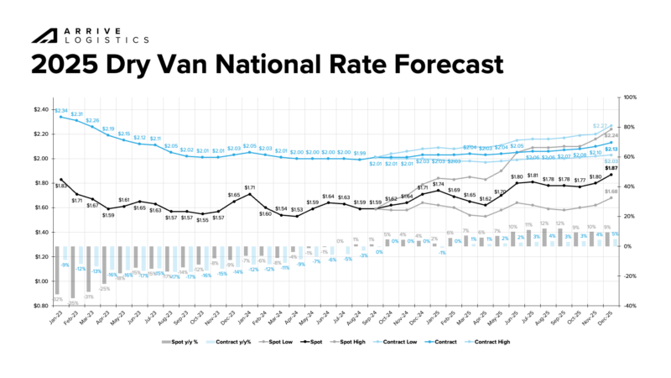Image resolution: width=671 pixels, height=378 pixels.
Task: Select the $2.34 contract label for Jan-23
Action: click(60, 110)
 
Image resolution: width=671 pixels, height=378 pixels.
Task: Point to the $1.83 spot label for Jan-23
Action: click(60, 186)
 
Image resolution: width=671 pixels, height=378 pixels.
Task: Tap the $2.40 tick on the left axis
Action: click(41, 109)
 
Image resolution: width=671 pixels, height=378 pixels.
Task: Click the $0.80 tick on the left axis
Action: click(41, 306)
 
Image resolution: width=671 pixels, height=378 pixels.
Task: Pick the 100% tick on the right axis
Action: click(632, 97)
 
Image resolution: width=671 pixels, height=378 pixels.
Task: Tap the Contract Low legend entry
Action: click(402, 342)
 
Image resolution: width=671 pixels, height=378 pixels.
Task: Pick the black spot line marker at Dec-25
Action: click(611, 176)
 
